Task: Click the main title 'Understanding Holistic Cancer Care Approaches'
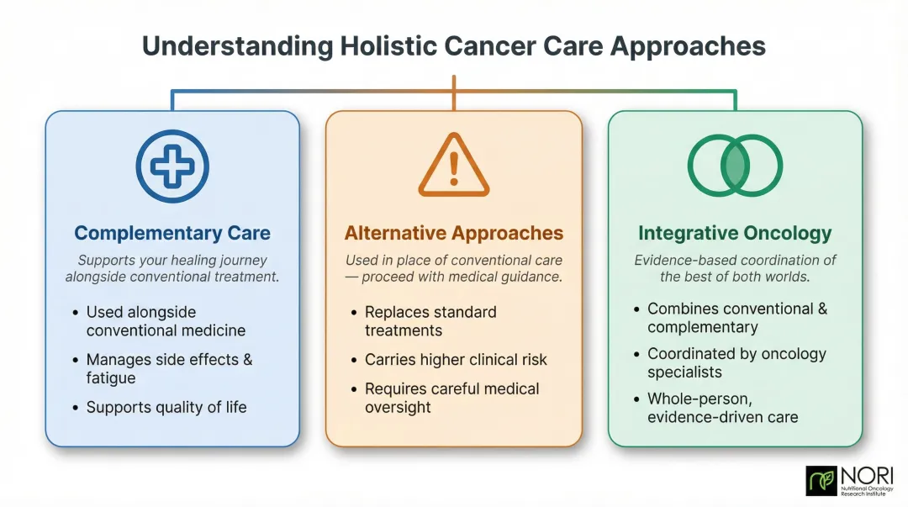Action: tap(454, 45)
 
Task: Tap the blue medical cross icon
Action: tap(172, 166)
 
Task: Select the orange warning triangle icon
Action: tap(453, 166)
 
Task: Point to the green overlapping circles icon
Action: tap(735, 166)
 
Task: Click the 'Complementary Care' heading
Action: tap(172, 233)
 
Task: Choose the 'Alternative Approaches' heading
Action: tap(454, 233)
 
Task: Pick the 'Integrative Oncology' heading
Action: tap(735, 233)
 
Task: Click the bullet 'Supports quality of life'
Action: tap(166, 407)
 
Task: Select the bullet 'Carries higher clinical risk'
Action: tap(455, 360)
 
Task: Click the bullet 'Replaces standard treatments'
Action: tap(430, 321)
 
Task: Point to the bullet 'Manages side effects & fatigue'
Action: tap(168, 368)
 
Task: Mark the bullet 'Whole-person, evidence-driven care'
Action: tap(722, 408)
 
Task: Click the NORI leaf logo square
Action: tap(821, 481)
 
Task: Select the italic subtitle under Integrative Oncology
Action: tap(735, 269)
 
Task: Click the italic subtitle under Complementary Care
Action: tap(172, 269)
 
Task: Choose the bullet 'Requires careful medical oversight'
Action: tap(451, 398)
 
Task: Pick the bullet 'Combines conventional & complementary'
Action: tap(736, 318)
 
